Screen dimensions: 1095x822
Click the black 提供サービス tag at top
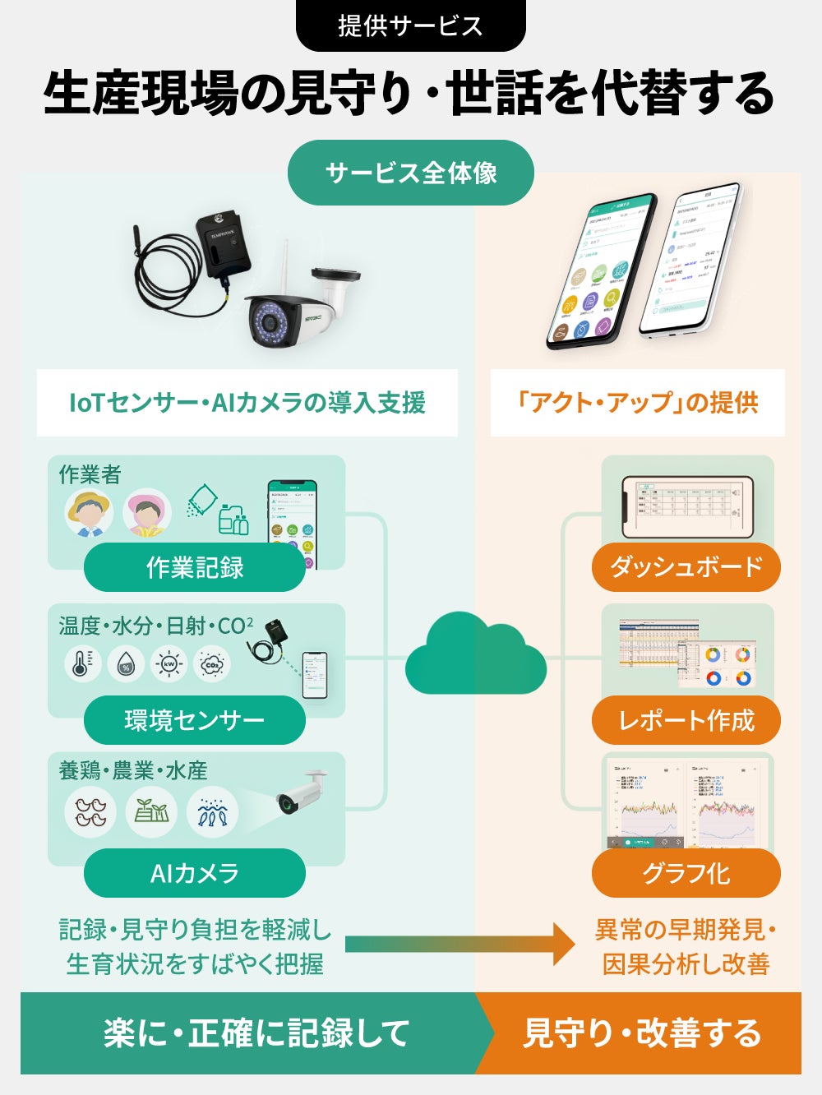(x=410, y=25)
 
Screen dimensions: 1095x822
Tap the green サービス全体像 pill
(x=410, y=173)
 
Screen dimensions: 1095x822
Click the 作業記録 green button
(x=195, y=567)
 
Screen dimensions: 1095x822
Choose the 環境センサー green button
(x=195, y=720)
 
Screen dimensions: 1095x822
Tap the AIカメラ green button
(x=195, y=873)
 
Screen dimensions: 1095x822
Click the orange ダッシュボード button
(x=686, y=567)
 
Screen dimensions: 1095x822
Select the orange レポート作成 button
(x=686, y=720)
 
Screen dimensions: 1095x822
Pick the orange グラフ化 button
(x=686, y=873)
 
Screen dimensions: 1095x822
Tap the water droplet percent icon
(x=126, y=663)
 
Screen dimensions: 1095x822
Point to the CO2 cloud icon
(x=212, y=663)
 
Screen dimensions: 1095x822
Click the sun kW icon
(x=169, y=663)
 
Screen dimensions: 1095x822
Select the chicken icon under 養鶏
(x=90, y=812)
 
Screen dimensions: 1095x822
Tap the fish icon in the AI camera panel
(x=212, y=812)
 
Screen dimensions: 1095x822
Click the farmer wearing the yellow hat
(x=90, y=512)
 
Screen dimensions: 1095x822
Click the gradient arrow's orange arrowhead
(x=565, y=943)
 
